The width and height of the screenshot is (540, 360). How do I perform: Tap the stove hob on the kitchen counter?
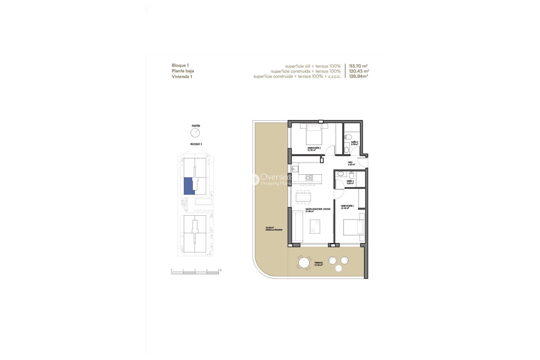[309, 177]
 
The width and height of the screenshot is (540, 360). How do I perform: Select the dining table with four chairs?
[303, 197]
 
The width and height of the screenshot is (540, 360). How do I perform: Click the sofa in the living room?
[297, 226]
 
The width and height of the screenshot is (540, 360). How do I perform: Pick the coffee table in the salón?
[315, 226]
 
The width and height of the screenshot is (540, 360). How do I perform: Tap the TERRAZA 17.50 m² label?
[318, 264]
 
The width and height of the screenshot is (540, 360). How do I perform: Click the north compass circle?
[195, 133]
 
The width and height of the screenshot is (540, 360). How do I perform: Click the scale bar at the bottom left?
[195, 273]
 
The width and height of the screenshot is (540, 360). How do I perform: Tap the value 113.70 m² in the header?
[358, 66]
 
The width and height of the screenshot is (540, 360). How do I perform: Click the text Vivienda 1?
[182, 76]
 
